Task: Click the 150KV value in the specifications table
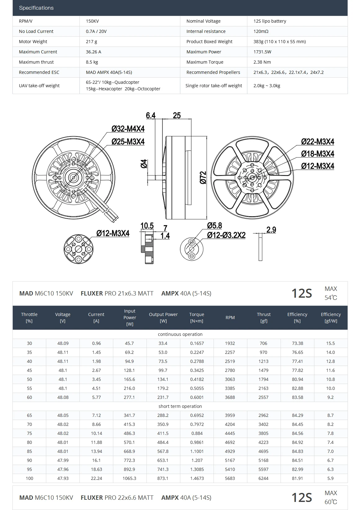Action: click(92, 21)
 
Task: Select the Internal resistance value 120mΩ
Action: click(261, 31)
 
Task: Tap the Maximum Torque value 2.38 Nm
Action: click(262, 62)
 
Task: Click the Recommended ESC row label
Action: click(39, 72)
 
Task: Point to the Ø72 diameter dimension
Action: click(203, 178)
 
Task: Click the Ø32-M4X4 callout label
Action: click(128, 129)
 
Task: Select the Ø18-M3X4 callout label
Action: click(317, 154)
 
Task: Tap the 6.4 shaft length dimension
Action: click(151, 116)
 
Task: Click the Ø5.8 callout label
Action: click(214, 226)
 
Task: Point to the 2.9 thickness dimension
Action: click(271, 230)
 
